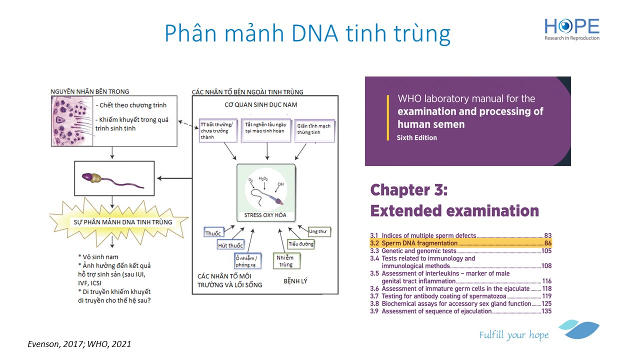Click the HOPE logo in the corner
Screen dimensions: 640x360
pyautogui.click(x=571, y=29)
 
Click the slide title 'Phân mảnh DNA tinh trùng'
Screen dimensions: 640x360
pyautogui.click(x=307, y=33)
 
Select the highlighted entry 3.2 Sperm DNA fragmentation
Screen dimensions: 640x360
pyautogui.click(x=460, y=243)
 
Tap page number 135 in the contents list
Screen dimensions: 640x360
pyautogui.click(x=546, y=311)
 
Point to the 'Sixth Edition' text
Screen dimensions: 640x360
pyautogui.click(x=416, y=137)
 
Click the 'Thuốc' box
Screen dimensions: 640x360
pyautogui.click(x=213, y=232)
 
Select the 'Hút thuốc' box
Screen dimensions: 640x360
pyautogui.click(x=230, y=245)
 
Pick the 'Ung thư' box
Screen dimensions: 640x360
pyautogui.click(x=319, y=231)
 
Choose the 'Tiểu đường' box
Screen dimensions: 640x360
pyautogui.click(x=300, y=244)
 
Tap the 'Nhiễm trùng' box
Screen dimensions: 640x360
pyautogui.click(x=286, y=261)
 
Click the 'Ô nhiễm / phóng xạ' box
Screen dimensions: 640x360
pyautogui.click(x=247, y=261)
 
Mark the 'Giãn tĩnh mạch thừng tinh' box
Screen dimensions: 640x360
pyautogui.click(x=314, y=130)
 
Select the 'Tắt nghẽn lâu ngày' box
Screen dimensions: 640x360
pyautogui.click(x=265, y=130)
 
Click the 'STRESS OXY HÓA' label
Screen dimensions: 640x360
pyautogui.click(x=265, y=215)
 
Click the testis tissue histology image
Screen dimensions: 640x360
pyautogui.click(x=72, y=121)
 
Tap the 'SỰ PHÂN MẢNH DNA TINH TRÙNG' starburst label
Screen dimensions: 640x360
pyautogui.click(x=123, y=222)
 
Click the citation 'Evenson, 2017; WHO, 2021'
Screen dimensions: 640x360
pyautogui.click(x=79, y=344)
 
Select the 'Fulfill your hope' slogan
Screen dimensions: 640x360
pyautogui.click(x=513, y=335)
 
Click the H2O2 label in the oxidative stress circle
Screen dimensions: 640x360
pyautogui.click(x=263, y=179)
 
